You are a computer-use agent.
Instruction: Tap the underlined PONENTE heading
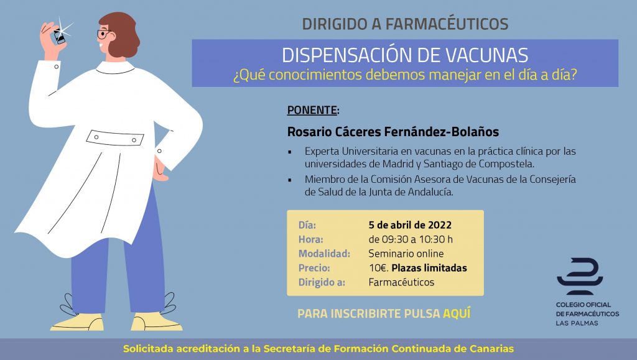click(x=312, y=110)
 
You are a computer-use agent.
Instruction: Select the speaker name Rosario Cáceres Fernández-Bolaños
click(x=393, y=132)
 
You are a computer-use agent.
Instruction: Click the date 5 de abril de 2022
click(x=410, y=225)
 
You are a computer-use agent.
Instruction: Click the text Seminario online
click(x=406, y=254)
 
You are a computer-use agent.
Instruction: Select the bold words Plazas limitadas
click(x=429, y=268)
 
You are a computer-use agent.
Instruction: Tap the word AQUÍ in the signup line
click(x=457, y=313)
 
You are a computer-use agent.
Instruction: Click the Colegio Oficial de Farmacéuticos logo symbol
click(x=580, y=276)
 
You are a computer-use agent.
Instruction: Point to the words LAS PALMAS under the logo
click(x=577, y=323)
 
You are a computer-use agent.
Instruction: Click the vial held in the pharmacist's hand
click(x=59, y=37)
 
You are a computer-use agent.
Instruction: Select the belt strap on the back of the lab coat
click(x=115, y=138)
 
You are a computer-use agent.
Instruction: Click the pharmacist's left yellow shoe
click(x=77, y=323)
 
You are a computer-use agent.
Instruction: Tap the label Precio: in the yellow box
click(x=314, y=268)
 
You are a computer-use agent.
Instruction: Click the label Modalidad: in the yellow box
click(x=324, y=254)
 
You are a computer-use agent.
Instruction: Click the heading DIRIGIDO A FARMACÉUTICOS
click(x=405, y=24)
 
